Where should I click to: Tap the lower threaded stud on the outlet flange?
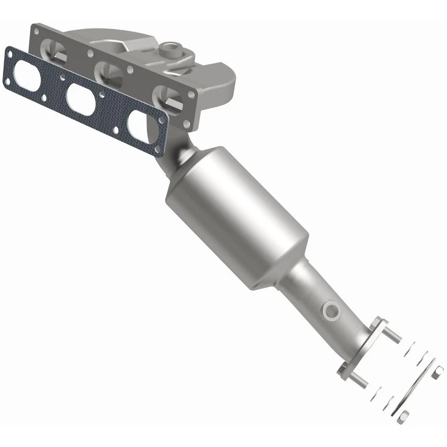[359, 379]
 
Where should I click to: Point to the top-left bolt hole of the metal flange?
[35, 30]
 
